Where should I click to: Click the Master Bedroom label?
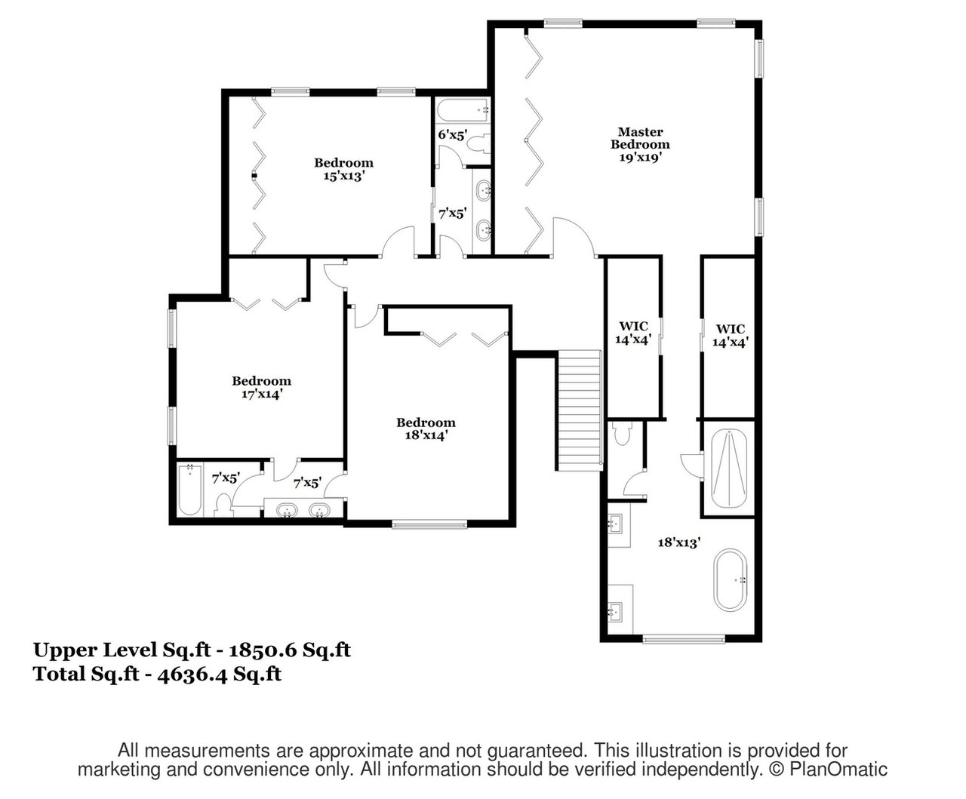[640, 138]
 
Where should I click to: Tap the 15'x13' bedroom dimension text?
[343, 176]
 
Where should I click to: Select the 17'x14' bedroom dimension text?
[262, 394]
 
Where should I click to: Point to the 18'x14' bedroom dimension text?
[426, 435]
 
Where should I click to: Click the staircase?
[580, 410]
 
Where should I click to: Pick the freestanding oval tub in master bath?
[730, 580]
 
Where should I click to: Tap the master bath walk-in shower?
[729, 469]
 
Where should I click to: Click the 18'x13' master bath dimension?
[678, 542]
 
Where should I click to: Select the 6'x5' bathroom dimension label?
[453, 134]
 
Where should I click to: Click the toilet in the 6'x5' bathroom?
[478, 143]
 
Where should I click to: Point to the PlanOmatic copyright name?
[838, 770]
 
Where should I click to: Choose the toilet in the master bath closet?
[623, 433]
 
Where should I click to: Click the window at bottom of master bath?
[684, 640]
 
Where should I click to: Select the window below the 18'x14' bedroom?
[430, 524]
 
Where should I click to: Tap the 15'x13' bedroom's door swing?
[398, 241]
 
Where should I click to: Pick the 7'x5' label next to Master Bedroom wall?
[452, 214]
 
